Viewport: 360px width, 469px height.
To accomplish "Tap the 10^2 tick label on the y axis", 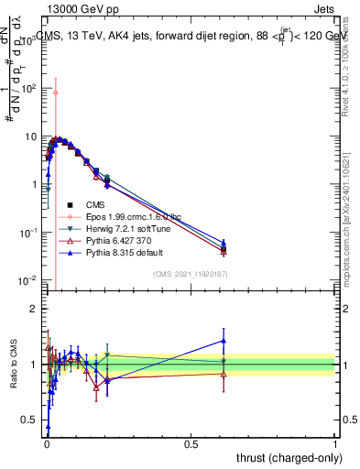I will pos(29,89).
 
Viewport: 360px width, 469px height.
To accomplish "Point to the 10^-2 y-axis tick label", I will pos(29,279).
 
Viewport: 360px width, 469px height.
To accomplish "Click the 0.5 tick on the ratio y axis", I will pos(30,420).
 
